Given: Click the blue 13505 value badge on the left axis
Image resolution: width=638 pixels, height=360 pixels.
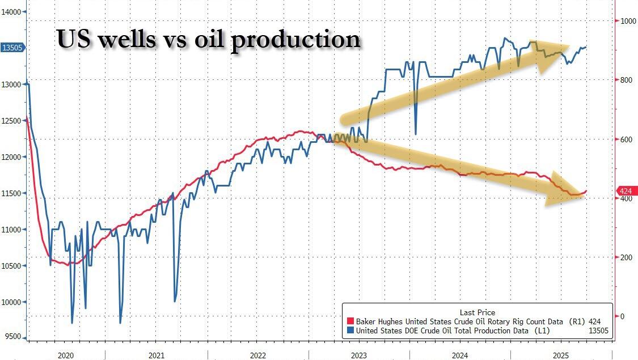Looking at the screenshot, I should [12, 48].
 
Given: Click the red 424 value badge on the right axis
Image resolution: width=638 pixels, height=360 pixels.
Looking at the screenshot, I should [626, 191].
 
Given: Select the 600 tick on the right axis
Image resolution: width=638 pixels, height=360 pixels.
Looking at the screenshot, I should [626, 139].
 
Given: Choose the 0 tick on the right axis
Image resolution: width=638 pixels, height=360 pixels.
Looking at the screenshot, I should [623, 316].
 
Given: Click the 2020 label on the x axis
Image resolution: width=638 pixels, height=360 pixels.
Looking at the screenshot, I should [66, 355].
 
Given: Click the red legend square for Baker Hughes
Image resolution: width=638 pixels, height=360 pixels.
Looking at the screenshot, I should [350, 321].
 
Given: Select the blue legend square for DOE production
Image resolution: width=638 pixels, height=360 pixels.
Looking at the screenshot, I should [350, 331].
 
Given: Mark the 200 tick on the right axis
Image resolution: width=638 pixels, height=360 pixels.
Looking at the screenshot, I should [626, 257].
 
